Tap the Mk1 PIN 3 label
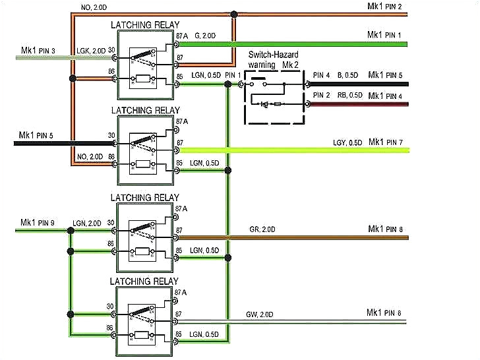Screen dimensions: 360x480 coord(38,51)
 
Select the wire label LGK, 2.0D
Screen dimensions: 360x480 coord(90,51)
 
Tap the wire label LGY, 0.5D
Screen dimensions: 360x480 coord(347,142)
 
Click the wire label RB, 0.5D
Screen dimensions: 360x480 coord(349,96)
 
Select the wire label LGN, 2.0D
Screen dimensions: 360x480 coord(87,223)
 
